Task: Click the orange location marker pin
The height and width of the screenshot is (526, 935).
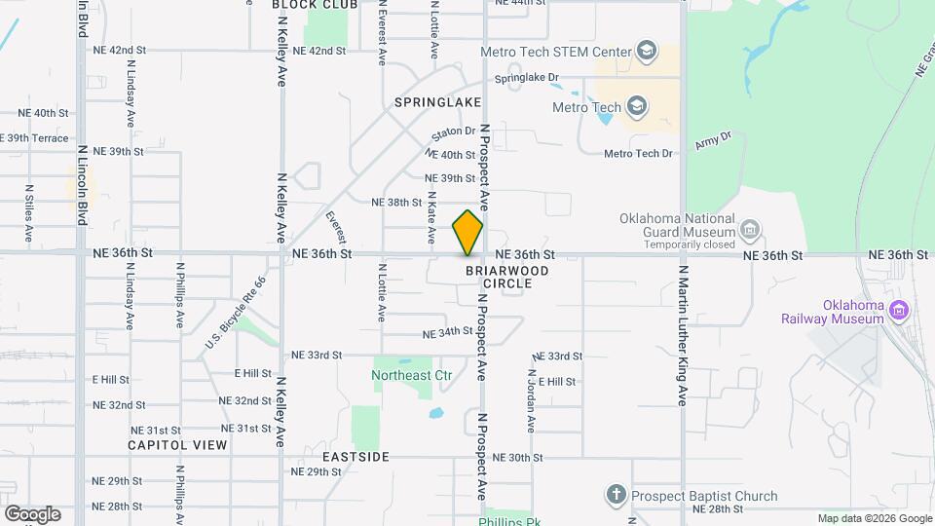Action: click(x=467, y=233)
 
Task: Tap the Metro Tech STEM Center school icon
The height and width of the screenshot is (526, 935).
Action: click(x=646, y=50)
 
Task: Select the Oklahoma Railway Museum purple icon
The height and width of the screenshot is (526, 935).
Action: click(x=900, y=311)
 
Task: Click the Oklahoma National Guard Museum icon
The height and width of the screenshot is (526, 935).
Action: click(x=749, y=231)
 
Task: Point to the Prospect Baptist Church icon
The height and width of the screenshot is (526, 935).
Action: click(x=616, y=495)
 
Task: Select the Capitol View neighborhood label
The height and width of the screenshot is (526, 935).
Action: click(x=177, y=445)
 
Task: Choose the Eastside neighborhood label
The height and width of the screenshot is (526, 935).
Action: click(x=355, y=457)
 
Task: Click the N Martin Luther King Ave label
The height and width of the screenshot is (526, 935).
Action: click(x=684, y=336)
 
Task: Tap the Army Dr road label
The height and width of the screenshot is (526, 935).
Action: click(x=712, y=141)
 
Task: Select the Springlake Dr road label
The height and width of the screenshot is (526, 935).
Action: click(x=526, y=77)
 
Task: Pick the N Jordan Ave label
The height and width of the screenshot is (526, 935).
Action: click(x=532, y=400)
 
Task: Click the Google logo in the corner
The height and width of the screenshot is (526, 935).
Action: click(x=32, y=513)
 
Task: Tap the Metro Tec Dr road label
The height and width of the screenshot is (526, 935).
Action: click(x=638, y=154)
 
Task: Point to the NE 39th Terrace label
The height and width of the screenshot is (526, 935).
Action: click(x=34, y=138)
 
